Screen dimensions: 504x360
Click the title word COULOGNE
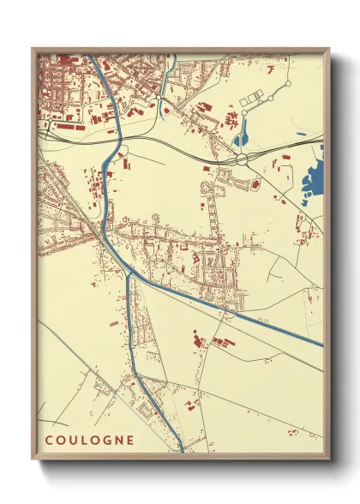[89, 441]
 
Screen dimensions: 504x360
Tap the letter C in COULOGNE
[48, 441]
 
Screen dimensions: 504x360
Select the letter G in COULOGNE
[105, 441]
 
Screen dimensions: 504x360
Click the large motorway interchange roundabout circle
[243, 159]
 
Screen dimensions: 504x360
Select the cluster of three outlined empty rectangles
[254, 99]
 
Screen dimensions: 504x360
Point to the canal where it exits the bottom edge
[182, 448]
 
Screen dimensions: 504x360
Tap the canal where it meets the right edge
[321, 345]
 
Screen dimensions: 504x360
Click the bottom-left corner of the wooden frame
[33, 457]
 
